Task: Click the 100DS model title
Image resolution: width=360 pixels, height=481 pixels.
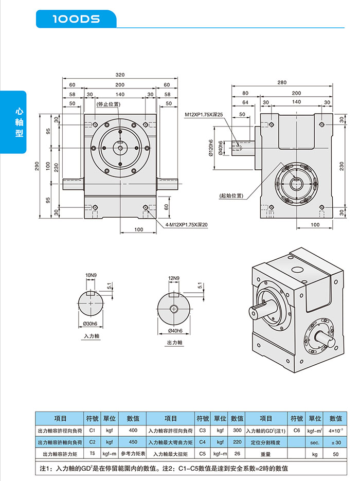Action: tap(76, 19)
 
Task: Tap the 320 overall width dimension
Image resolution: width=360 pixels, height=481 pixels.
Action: tap(120, 75)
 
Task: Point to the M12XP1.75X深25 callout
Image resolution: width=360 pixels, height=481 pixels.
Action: tap(204, 114)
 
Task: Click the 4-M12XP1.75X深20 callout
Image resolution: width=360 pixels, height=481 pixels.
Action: tap(187, 224)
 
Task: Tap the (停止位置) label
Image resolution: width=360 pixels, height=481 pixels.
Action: tap(108, 104)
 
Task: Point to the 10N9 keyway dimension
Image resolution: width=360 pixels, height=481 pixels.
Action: tap(91, 276)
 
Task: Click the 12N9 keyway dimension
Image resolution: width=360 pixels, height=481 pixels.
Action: tap(174, 278)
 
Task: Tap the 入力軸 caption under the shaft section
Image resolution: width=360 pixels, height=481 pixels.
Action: tap(92, 335)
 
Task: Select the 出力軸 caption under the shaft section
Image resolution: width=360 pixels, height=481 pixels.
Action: tap(174, 342)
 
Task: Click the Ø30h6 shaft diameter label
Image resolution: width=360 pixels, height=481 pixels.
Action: tap(91, 323)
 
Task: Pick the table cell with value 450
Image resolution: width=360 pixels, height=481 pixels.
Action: tap(133, 442)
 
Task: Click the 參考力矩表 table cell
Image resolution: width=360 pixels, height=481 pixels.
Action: tap(133, 454)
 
